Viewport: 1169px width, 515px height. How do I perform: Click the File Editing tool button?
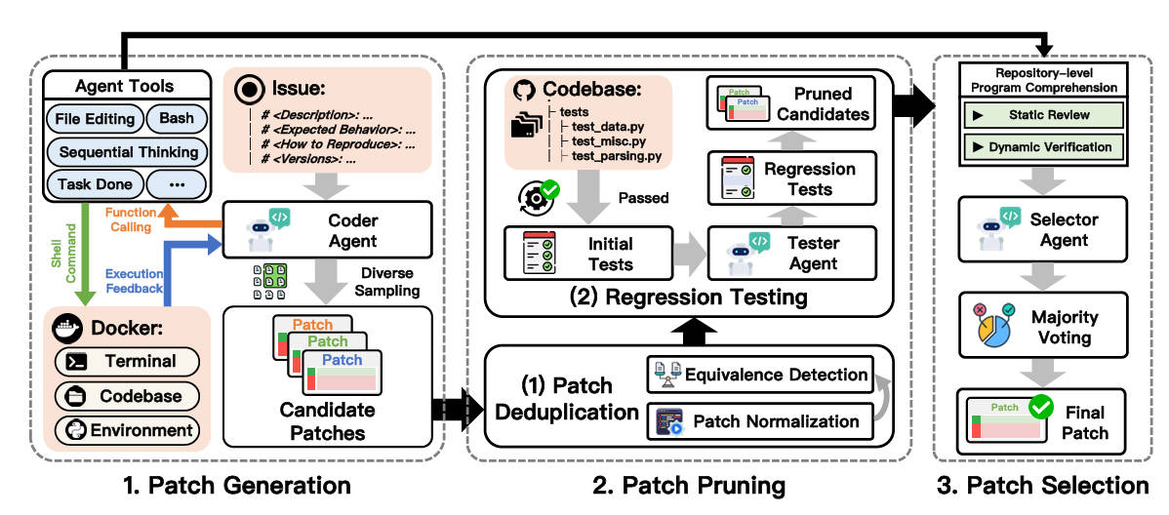coord(96,119)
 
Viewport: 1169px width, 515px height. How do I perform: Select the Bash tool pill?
coord(177,119)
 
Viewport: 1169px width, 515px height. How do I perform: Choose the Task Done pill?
coord(96,184)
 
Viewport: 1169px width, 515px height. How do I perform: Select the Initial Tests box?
coord(587,254)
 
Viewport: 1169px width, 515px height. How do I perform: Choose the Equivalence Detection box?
coord(759,374)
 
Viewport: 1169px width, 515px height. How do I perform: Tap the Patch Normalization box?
coord(759,421)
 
